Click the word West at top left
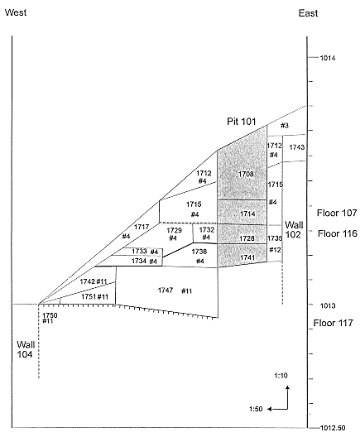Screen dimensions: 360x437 [x=16, y=12]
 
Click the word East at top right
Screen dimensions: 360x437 [x=308, y=13]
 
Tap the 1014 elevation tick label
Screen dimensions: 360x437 [x=328, y=58]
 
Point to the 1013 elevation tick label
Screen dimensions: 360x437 [x=328, y=305]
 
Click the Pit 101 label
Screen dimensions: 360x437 [x=242, y=121]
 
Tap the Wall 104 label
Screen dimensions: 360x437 [x=26, y=349]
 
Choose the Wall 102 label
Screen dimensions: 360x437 [x=294, y=229]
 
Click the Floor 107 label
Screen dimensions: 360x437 [x=337, y=213]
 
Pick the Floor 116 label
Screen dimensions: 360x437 [x=338, y=233]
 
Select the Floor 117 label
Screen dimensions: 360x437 [x=334, y=323]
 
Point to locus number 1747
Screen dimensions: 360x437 [x=166, y=291]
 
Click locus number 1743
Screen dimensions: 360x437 [x=297, y=146]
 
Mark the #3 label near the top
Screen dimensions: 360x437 [x=285, y=126]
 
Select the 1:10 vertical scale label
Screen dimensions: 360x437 [x=281, y=376]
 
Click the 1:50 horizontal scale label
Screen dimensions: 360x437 [x=256, y=409]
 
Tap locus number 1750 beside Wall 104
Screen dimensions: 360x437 [x=50, y=315]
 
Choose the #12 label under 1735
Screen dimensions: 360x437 [x=275, y=250]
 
